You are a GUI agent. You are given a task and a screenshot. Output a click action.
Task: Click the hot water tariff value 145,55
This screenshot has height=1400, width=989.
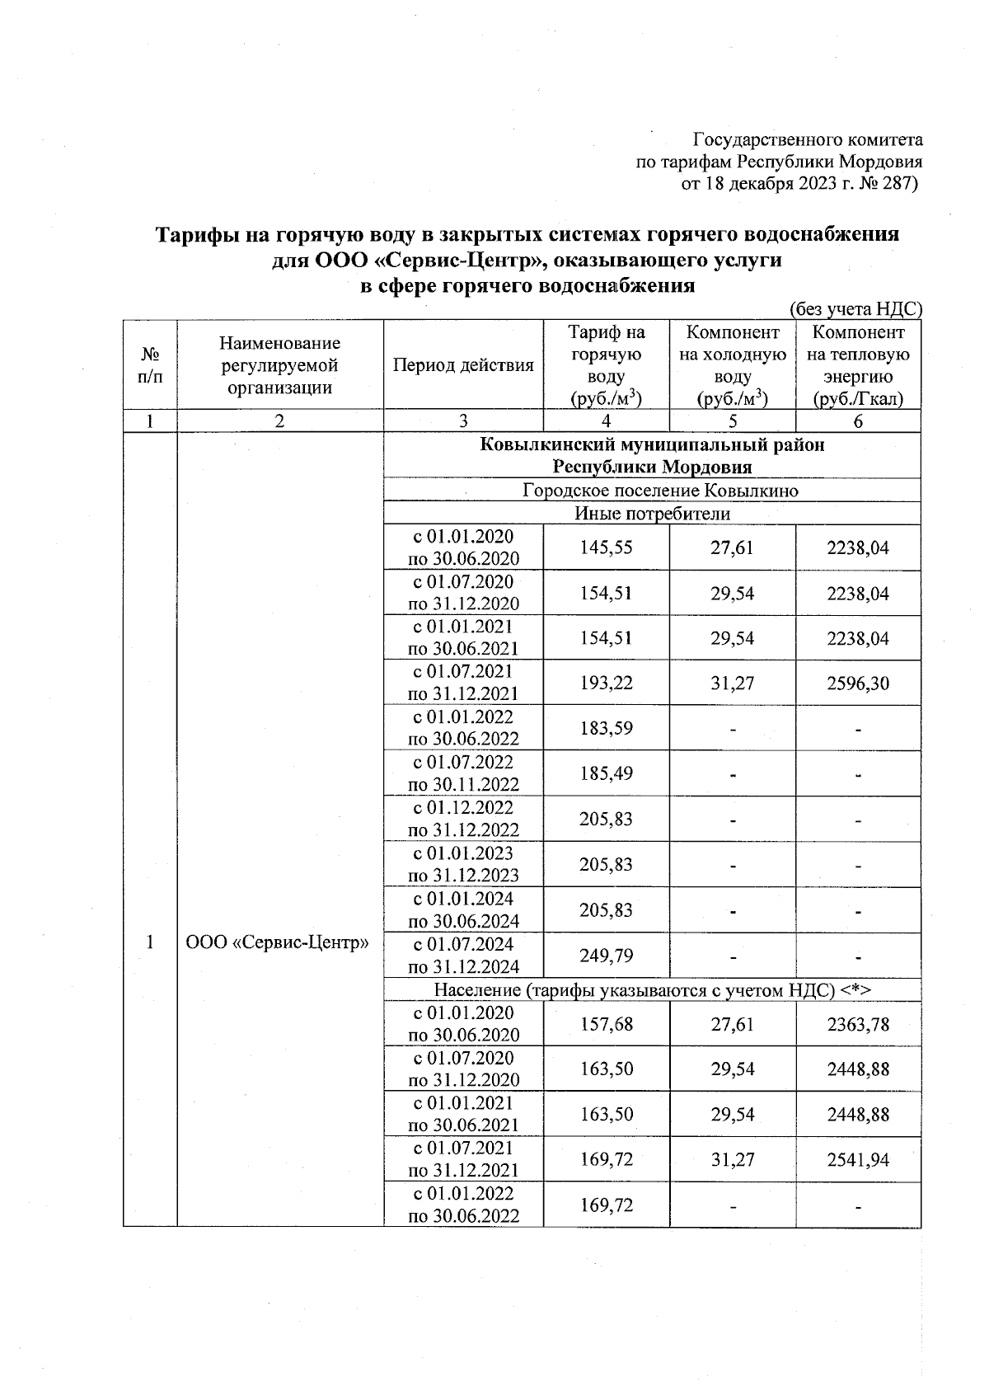click(x=606, y=547)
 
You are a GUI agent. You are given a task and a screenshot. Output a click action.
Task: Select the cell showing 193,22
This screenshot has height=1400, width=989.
click(x=606, y=683)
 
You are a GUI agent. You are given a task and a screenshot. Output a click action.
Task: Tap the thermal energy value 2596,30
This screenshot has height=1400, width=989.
click(x=858, y=683)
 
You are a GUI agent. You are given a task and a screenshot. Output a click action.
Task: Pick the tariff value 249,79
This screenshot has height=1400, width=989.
click(x=606, y=956)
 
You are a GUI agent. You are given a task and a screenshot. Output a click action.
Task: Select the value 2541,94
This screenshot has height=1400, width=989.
click(x=858, y=1160)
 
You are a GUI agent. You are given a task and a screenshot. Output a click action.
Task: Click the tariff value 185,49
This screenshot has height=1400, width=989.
click(x=606, y=773)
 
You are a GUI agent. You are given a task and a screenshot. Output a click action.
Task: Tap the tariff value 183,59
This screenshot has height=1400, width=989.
click(x=606, y=728)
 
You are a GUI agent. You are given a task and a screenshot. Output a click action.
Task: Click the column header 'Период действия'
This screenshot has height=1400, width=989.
click(x=463, y=365)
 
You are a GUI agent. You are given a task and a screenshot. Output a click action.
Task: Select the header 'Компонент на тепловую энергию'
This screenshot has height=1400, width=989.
click(x=858, y=365)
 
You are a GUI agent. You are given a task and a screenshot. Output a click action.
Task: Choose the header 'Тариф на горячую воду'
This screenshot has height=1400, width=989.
click(x=606, y=365)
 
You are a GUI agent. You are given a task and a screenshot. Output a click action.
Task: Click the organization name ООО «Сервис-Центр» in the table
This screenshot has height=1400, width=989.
click(x=277, y=942)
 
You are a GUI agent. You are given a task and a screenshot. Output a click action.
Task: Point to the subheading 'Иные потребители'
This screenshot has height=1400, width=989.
click(x=652, y=514)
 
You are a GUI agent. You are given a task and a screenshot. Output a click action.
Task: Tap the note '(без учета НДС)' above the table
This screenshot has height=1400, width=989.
click(x=855, y=309)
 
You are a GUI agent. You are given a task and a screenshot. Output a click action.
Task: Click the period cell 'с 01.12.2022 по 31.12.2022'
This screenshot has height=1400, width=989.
click(x=463, y=819)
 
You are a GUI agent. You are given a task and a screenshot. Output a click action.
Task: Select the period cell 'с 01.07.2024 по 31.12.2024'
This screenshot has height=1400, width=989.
click(x=463, y=956)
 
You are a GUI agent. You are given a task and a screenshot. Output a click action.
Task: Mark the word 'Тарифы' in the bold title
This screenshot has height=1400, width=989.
click(x=198, y=234)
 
